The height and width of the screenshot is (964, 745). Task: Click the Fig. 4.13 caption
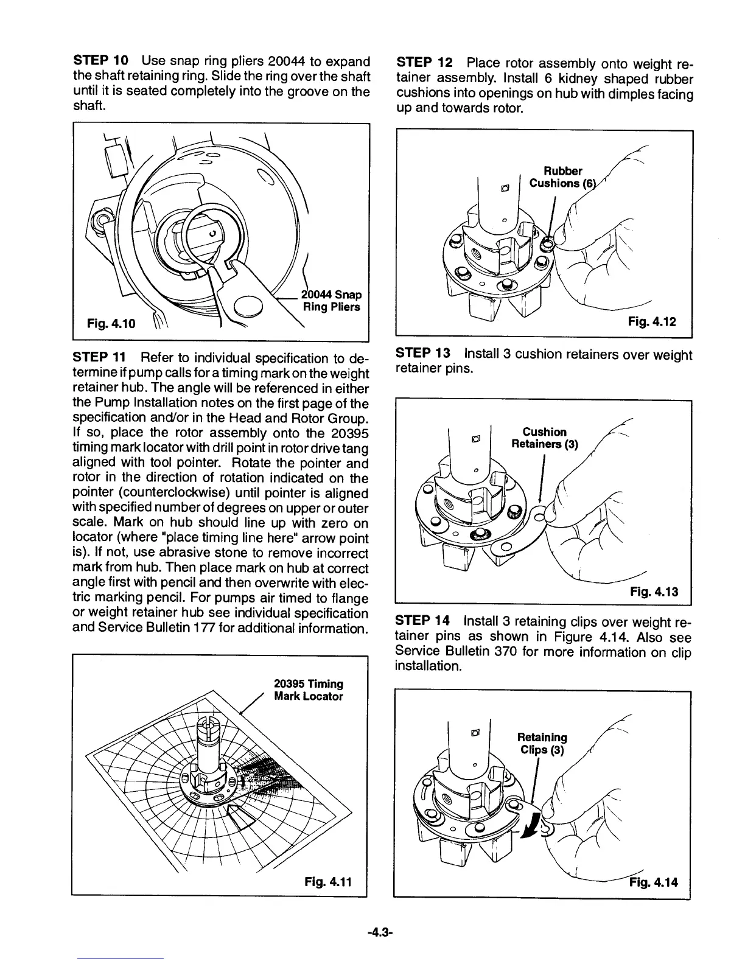point(653,592)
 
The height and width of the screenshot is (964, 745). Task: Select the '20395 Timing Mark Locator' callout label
point(308,690)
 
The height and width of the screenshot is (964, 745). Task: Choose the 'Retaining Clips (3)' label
point(541,743)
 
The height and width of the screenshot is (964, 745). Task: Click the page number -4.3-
point(372,932)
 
